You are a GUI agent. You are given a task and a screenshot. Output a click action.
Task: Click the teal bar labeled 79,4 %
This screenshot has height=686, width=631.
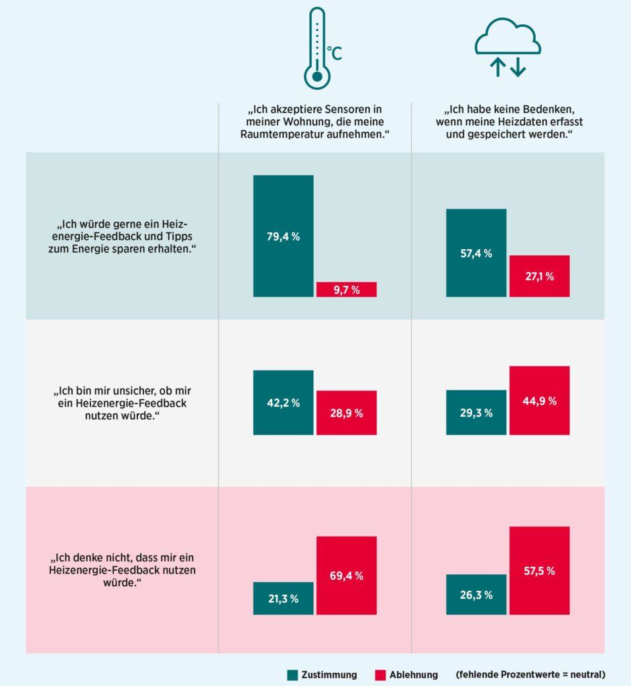click(283, 235)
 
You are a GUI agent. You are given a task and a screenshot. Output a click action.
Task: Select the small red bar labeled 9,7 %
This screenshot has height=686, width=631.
click(347, 289)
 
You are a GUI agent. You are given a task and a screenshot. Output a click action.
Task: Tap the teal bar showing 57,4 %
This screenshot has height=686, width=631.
click(476, 253)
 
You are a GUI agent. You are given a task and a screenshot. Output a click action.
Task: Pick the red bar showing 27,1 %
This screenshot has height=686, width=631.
click(539, 276)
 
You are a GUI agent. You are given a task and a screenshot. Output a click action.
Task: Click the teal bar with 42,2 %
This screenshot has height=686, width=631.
click(283, 403)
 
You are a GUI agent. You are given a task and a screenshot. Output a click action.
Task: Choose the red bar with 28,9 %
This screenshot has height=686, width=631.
click(347, 413)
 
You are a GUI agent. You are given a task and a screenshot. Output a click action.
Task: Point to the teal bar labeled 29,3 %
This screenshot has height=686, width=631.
click(476, 413)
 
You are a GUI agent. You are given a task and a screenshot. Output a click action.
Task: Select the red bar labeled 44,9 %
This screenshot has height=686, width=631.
click(539, 401)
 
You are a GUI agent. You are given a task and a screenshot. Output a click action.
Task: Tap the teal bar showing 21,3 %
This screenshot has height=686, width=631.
click(283, 598)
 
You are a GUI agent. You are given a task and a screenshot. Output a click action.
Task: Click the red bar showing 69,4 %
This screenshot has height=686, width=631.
click(347, 575)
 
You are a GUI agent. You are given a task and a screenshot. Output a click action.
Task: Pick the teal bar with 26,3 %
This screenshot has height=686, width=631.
click(476, 594)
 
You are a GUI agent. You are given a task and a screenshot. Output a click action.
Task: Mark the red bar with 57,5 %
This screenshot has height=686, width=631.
click(539, 571)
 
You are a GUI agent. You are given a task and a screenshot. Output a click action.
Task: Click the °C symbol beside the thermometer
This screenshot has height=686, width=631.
click(334, 52)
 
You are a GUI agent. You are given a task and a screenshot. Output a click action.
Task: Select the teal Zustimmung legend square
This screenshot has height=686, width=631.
click(292, 675)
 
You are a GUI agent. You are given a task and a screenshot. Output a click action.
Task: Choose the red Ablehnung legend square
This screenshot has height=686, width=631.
click(380, 675)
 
